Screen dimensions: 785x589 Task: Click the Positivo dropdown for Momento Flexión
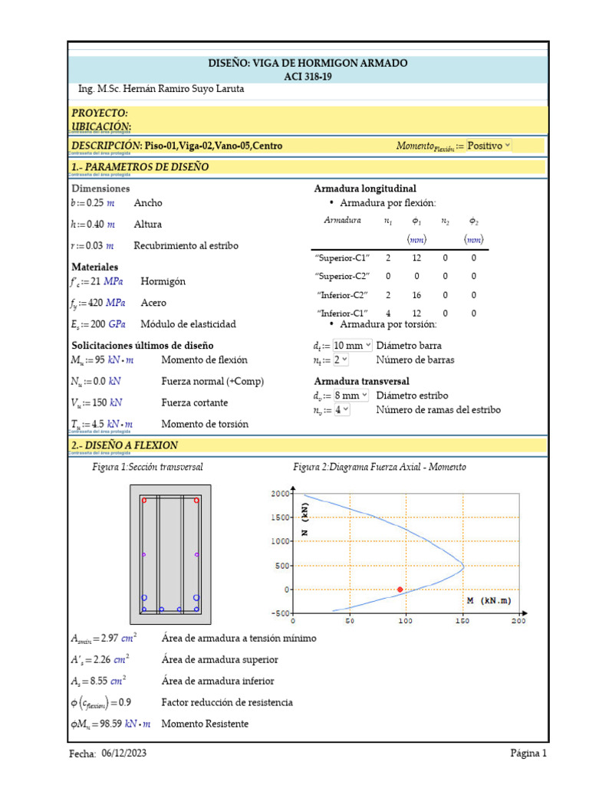(489, 146)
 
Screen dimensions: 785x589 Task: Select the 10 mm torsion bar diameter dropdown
(353, 346)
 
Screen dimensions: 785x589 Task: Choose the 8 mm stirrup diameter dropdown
(350, 396)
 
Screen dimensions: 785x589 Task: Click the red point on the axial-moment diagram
(400, 589)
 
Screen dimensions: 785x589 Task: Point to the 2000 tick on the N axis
(280, 493)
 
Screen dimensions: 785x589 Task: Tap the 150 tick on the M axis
(462, 621)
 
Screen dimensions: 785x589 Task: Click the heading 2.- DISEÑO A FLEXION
(124, 445)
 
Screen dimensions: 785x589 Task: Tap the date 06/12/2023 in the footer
(123, 754)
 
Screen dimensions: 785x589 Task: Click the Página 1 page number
(528, 754)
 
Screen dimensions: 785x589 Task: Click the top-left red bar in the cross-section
(144, 500)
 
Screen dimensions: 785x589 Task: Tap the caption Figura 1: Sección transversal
(147, 467)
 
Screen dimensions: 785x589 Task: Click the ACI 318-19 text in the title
(308, 76)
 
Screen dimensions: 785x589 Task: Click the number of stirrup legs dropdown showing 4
(341, 410)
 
